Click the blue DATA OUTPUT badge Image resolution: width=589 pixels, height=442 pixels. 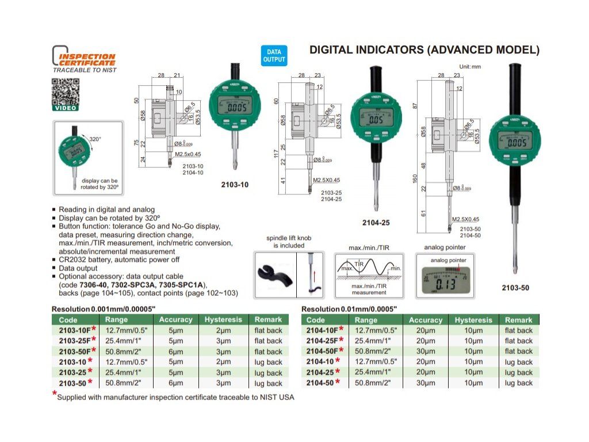[274, 56]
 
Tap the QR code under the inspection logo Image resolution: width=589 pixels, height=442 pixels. [66, 93]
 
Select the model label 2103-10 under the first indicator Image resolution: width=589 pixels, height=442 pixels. [235, 185]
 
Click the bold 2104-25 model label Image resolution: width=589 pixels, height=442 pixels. [376, 222]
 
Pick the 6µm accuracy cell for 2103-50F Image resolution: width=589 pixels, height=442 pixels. [176, 352]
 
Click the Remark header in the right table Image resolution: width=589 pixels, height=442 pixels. [518, 319]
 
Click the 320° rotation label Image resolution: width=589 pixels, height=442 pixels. [95, 139]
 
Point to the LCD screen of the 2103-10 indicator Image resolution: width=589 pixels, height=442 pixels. [236, 108]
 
